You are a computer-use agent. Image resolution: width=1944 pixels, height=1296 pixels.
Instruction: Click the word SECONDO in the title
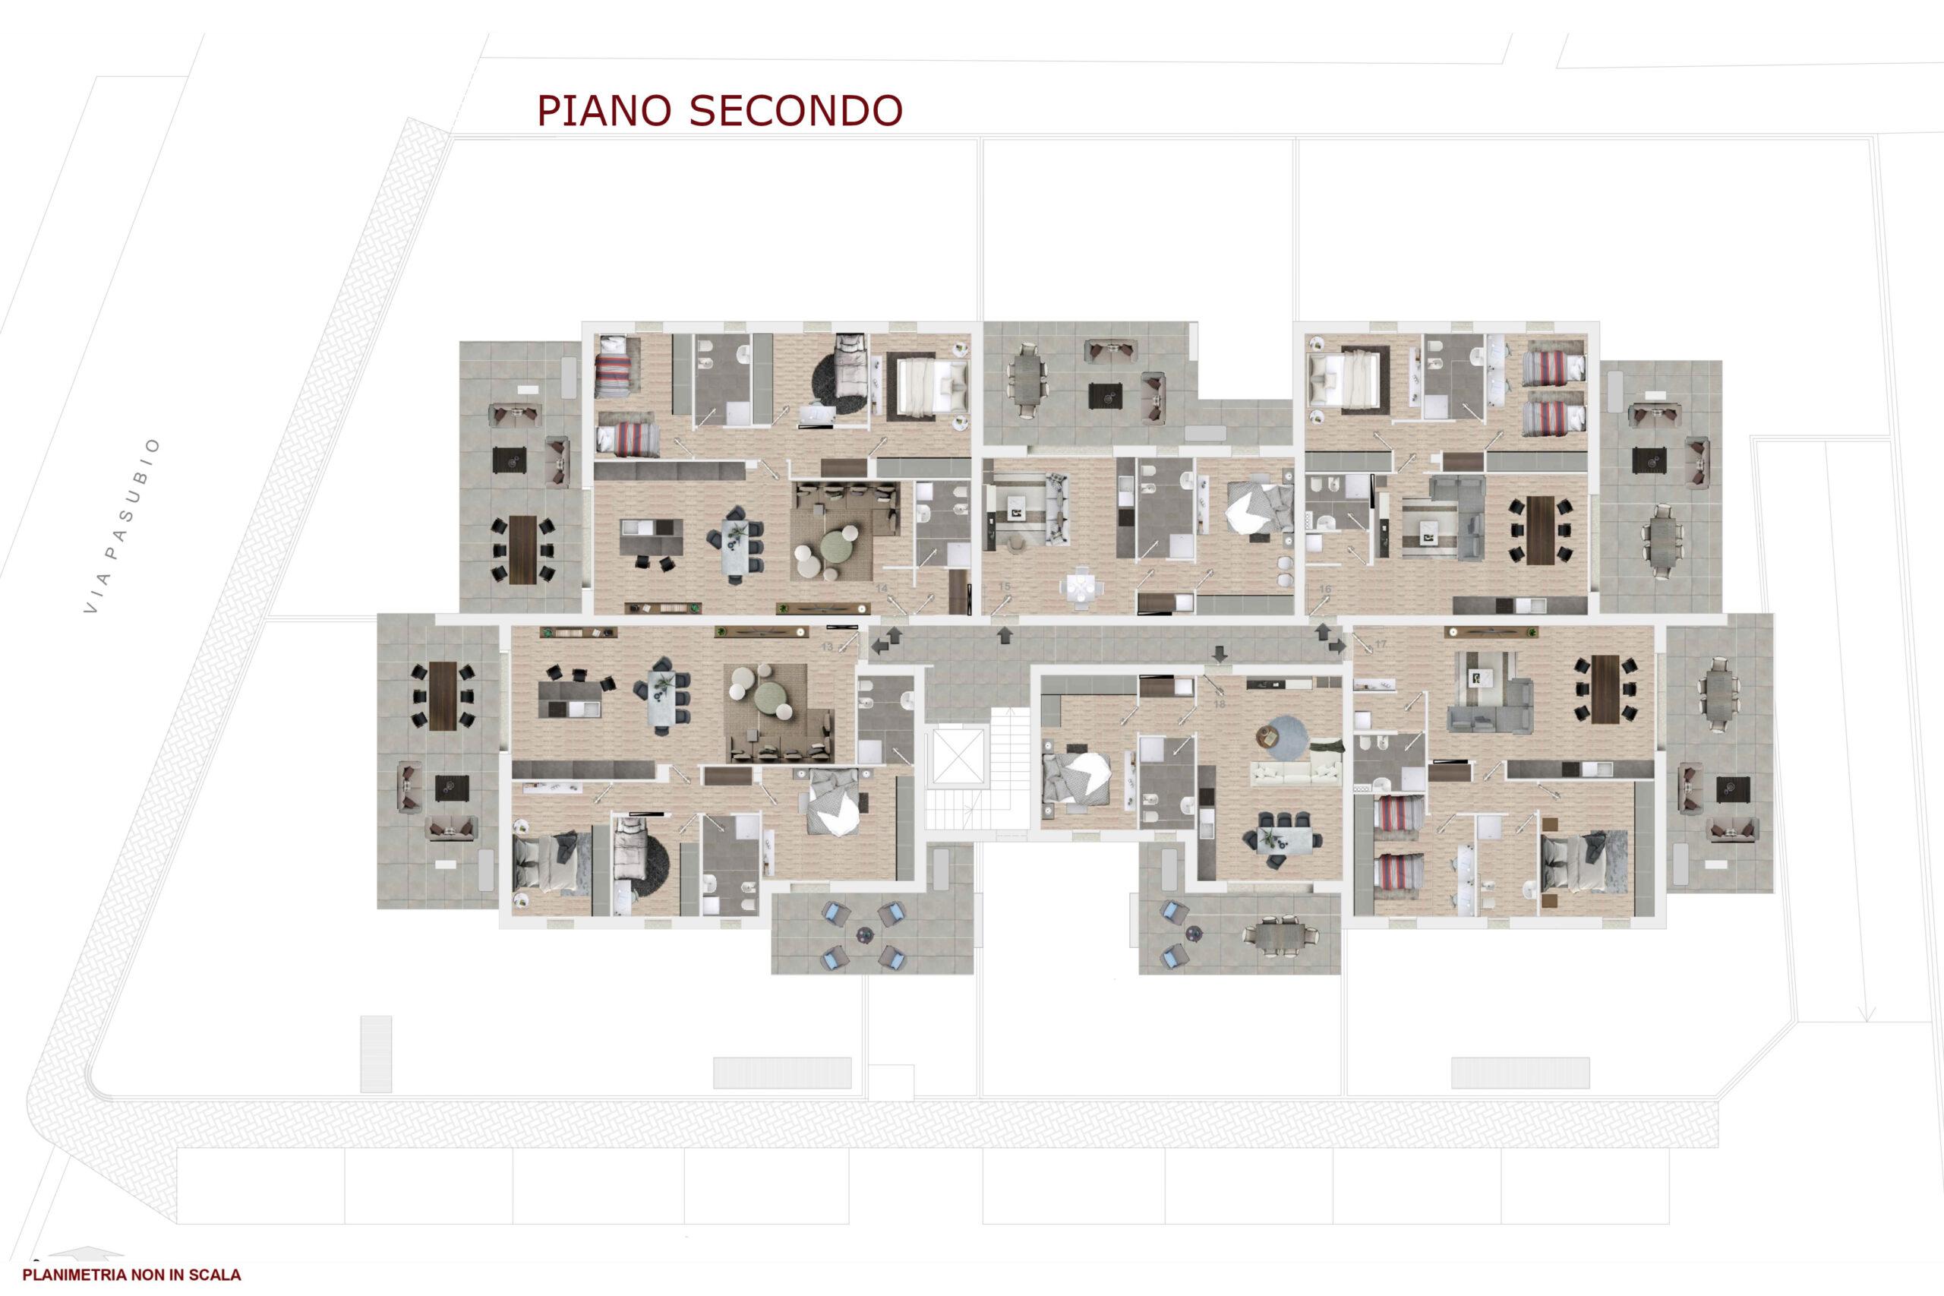coord(796,111)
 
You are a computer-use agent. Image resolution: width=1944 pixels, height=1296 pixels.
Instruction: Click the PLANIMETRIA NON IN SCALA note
coord(132,1275)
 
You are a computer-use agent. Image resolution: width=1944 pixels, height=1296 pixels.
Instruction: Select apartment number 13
coord(826,647)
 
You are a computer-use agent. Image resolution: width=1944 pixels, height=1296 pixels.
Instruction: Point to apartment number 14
coord(882,588)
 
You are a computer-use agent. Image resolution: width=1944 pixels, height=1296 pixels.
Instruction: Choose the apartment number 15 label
coord(1005,586)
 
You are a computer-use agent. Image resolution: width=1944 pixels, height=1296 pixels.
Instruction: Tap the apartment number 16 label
coord(1324,589)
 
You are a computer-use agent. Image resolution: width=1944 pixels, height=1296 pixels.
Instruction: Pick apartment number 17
coord(1381,643)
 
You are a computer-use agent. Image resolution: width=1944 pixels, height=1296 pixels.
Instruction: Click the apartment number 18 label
coord(1220,703)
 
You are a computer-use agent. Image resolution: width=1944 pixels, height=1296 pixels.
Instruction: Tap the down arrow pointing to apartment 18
coord(1220,653)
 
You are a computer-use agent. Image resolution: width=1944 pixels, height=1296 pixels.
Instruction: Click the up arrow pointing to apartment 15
coord(1005,635)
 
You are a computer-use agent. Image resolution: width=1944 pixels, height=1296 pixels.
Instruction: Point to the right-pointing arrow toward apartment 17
coord(1336,648)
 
